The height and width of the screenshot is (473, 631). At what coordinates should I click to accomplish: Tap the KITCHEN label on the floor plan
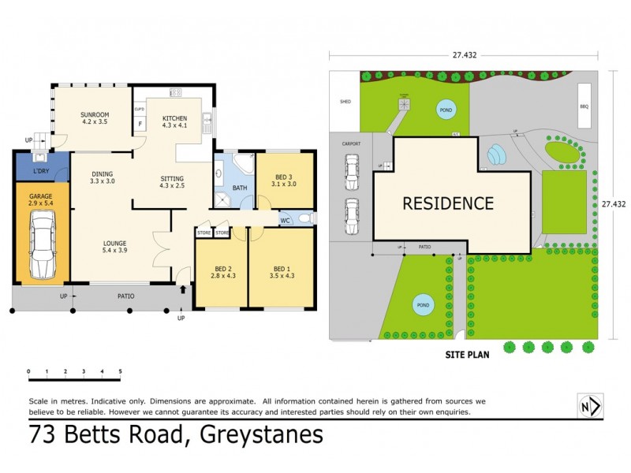pos(175,118)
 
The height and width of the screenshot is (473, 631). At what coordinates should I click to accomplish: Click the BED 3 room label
pos(285,177)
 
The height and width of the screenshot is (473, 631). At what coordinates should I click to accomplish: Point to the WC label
pos(286,220)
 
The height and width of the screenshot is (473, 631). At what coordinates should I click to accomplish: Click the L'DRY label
pos(39,172)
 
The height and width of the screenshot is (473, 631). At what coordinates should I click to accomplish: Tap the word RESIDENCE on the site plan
pos(448,203)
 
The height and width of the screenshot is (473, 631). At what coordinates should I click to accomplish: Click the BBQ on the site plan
pos(584,105)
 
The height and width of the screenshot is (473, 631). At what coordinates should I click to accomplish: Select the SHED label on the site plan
pos(345,101)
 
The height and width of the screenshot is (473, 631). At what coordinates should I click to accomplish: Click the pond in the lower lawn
pos(422,304)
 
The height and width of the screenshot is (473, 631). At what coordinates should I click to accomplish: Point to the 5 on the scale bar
pos(120,371)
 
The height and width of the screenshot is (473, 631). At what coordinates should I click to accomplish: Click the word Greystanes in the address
pos(261,434)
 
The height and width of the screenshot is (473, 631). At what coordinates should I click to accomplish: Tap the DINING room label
pos(101,174)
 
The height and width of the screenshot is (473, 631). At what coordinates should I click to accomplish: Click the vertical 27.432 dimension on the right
pos(614,203)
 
